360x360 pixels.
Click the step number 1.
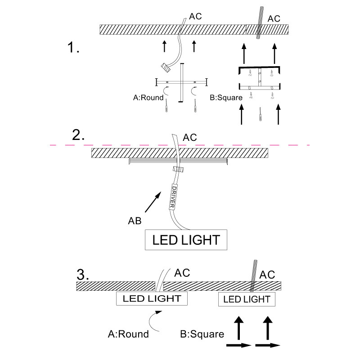click(x=72, y=47)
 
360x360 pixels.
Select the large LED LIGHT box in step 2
click(x=186, y=239)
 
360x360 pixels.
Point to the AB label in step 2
click(x=134, y=220)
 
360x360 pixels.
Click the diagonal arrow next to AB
click(x=153, y=202)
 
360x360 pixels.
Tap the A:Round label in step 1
click(x=148, y=97)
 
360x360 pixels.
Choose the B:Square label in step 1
click(x=226, y=97)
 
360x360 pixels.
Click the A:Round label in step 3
click(x=128, y=334)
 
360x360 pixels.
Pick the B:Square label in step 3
click(x=202, y=334)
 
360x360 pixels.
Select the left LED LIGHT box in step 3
click(x=152, y=298)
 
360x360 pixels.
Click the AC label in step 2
click(x=189, y=137)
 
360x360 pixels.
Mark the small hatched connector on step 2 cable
click(x=179, y=170)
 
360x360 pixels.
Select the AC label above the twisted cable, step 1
click(x=274, y=19)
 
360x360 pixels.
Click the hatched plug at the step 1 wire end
click(x=166, y=67)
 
